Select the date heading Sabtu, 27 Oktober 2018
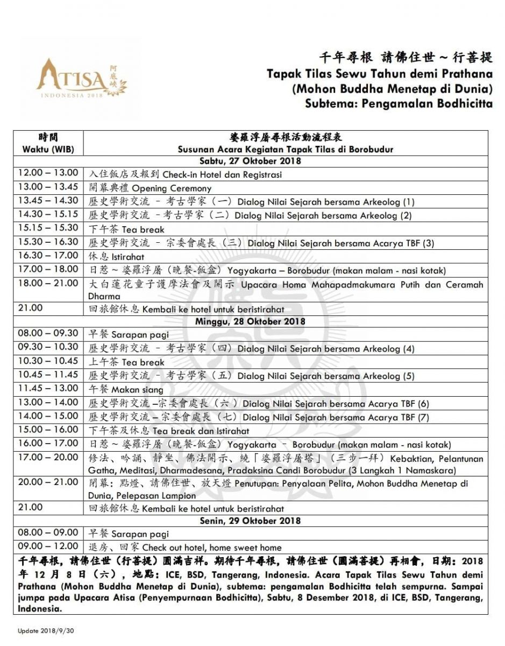[x=250, y=161]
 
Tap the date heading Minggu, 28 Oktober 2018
[x=250, y=321]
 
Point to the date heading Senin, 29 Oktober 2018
[x=250, y=521]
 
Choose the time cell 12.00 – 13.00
[x=48, y=174]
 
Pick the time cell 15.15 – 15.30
[x=48, y=229]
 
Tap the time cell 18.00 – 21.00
[x=48, y=284]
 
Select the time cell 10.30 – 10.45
[x=48, y=362]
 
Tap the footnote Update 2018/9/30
[x=46, y=630]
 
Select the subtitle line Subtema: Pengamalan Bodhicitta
[x=399, y=103]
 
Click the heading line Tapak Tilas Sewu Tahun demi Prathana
[x=380, y=74]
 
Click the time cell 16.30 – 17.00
[x=48, y=256]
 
